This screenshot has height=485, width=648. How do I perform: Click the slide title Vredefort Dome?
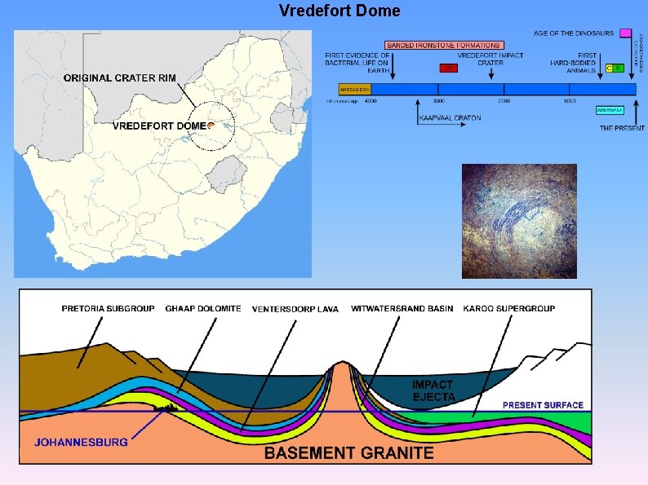pos(340,11)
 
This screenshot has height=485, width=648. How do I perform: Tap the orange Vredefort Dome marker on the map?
pos(211,126)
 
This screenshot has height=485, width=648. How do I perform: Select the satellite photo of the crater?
pos(519,221)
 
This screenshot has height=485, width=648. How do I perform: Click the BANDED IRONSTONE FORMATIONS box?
pos(443,44)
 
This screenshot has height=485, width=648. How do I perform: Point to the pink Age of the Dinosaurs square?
pos(625,33)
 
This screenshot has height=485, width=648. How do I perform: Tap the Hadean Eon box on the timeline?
pos(355,88)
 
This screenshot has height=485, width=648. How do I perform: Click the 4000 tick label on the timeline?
pos(371,100)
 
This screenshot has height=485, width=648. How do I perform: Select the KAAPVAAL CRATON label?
pos(450,118)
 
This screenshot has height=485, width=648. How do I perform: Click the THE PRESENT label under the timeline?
pos(622,128)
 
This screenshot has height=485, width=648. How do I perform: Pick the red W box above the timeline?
pos(447,68)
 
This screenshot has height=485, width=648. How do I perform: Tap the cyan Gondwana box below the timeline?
pos(610,109)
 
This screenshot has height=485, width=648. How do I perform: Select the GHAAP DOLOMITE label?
pos(203,308)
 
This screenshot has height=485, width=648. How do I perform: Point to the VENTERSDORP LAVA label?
pos(295,309)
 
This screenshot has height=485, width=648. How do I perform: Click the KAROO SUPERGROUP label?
pos(508,308)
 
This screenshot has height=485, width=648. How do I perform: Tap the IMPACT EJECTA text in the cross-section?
pos(433,390)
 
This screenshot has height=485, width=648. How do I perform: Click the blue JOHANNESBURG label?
pos(82,442)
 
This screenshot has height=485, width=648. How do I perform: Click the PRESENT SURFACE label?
pos(543,405)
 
